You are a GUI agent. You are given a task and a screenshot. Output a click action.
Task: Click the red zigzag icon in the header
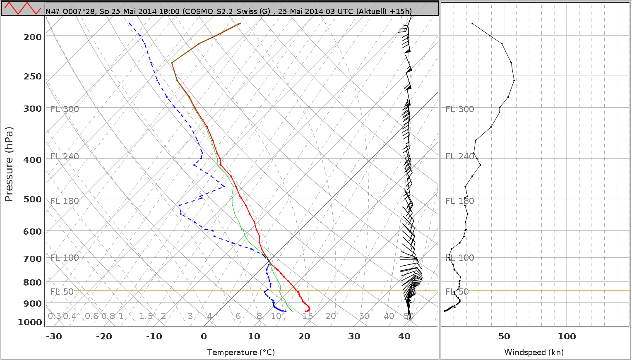22,8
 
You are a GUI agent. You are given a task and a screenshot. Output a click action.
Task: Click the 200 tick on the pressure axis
33,37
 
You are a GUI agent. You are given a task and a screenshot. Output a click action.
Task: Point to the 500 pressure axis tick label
33,199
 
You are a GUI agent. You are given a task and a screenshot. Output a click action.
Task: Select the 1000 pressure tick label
30,322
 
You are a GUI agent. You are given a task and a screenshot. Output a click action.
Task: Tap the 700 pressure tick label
33,259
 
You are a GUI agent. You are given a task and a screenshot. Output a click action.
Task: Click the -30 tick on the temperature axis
54,336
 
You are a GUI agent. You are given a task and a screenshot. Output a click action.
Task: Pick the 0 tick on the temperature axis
204,336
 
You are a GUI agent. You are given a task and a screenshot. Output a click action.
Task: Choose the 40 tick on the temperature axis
404,336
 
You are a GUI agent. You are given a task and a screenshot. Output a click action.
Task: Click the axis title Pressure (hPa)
9,164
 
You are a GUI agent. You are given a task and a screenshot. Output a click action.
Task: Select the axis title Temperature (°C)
241,353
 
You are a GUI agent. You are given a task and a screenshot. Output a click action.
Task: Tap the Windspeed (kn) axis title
534,353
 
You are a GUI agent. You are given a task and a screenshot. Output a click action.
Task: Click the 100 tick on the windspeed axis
567,336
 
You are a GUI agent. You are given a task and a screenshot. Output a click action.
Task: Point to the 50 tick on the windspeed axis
504,336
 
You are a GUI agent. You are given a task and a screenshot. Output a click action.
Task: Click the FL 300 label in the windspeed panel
459,109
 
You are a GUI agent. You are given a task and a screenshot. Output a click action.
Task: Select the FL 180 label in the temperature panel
65,201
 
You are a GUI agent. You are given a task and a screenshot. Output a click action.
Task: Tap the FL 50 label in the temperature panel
62,292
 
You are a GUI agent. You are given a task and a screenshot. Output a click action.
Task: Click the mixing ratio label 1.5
146,317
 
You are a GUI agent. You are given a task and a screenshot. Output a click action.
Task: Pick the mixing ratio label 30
364,317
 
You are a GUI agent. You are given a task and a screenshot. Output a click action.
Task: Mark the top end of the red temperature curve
240,24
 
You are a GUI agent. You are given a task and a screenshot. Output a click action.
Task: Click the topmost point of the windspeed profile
472,24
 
